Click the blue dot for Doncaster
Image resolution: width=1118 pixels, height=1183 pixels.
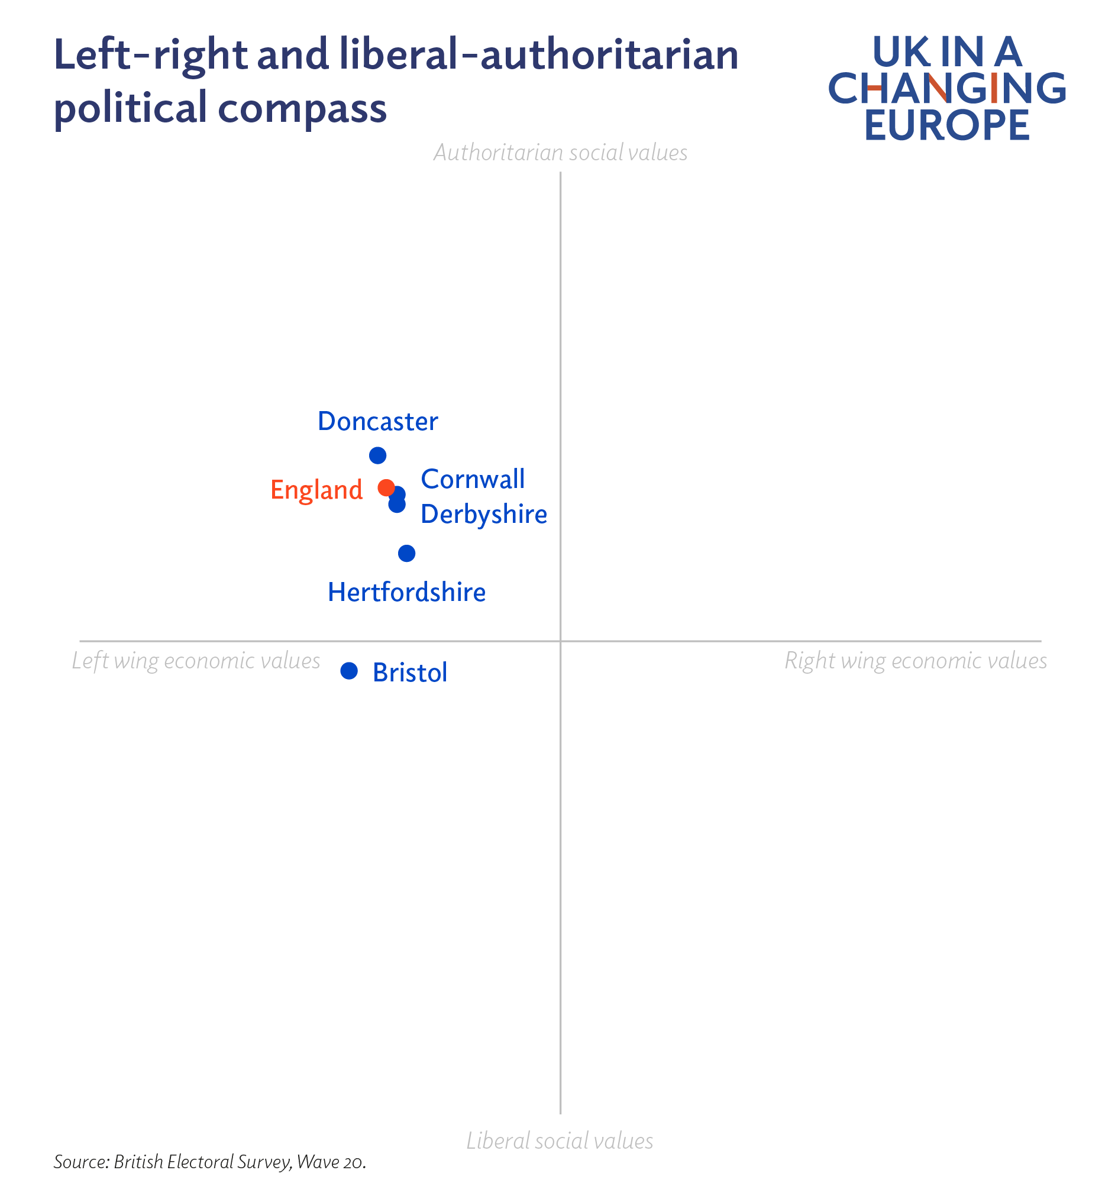(x=377, y=455)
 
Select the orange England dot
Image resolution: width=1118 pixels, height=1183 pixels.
(x=386, y=487)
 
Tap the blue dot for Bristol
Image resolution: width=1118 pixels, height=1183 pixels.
(x=348, y=671)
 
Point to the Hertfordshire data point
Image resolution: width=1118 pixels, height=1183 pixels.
(x=406, y=554)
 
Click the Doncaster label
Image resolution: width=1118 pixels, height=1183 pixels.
(x=378, y=422)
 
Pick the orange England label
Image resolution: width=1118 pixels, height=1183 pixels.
(x=316, y=490)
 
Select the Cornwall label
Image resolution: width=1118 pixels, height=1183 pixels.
(x=473, y=480)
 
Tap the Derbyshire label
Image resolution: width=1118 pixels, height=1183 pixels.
(x=483, y=515)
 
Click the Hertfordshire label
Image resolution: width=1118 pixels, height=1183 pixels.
(x=406, y=593)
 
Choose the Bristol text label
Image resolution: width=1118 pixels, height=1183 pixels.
(x=409, y=673)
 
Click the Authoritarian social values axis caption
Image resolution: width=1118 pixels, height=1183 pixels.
(x=560, y=153)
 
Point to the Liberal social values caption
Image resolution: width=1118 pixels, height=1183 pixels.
(x=559, y=1140)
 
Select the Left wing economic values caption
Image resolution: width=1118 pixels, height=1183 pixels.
(x=196, y=661)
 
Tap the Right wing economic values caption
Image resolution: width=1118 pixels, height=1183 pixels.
(x=915, y=661)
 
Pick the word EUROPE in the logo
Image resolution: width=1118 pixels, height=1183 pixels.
(x=946, y=125)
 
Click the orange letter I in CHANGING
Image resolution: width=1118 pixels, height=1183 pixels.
(x=994, y=88)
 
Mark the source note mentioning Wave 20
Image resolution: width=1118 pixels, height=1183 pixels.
(x=210, y=1162)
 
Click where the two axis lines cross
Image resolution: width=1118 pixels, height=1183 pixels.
(x=560, y=641)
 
